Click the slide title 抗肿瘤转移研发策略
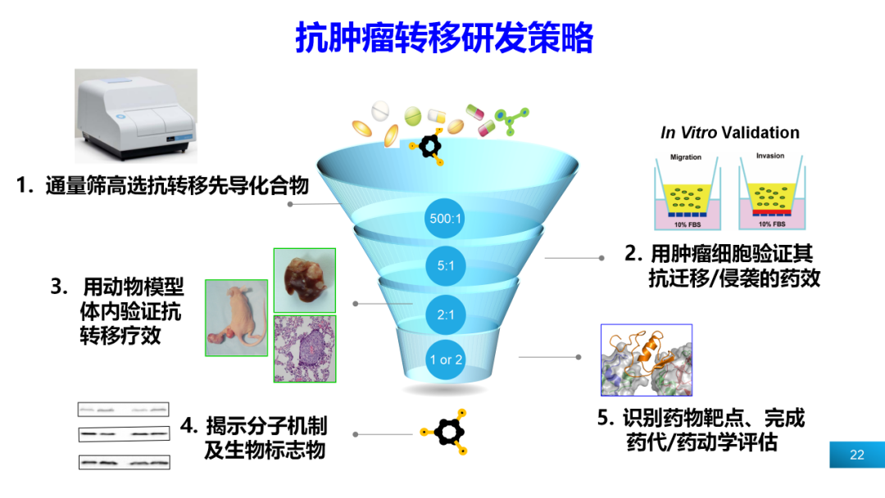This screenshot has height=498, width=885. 443,38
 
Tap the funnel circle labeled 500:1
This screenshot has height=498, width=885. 447,219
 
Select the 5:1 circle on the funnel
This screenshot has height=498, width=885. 447,265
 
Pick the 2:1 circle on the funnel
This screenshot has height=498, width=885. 447,313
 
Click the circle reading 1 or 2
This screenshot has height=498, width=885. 447,360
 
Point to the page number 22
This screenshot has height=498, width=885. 857,455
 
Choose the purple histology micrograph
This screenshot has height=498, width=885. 304,349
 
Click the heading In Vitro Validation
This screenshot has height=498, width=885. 729,133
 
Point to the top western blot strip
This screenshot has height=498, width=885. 124,409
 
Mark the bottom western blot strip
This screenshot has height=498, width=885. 124,462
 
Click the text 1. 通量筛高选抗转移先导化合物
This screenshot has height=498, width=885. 162,186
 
